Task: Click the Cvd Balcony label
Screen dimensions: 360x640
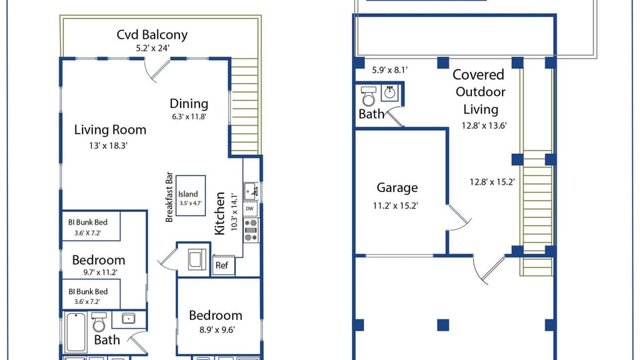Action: tap(152, 35)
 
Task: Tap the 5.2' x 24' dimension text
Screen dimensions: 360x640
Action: tap(152, 49)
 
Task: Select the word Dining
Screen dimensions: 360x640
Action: tap(189, 103)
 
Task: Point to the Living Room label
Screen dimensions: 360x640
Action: tap(109, 129)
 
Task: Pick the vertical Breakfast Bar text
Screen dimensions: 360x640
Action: tap(169, 198)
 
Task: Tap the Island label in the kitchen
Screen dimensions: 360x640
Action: tap(188, 194)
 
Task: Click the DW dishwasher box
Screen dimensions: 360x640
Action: tap(250, 209)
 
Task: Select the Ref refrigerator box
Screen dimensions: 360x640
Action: tap(221, 265)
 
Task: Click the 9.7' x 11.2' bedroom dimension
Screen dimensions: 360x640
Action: tap(101, 272)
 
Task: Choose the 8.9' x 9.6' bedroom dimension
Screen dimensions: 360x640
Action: tap(215, 329)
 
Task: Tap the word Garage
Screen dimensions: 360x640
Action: tap(397, 189)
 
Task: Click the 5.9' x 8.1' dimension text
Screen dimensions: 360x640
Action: tap(389, 69)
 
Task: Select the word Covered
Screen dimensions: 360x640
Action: tap(479, 75)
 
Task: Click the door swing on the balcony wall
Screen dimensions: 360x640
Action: tap(157, 69)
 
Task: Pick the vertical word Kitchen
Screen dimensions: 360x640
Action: tap(221, 214)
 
